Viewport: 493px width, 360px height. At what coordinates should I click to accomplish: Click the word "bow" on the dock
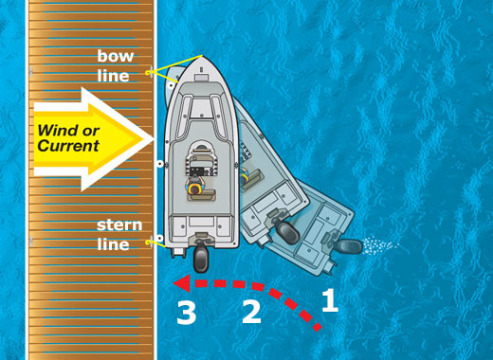click(x=116, y=56)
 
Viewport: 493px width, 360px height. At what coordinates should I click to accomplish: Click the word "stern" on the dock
click(x=119, y=225)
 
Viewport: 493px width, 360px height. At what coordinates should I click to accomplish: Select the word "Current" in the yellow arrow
click(x=68, y=146)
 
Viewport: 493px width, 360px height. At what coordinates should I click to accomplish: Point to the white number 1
click(x=330, y=300)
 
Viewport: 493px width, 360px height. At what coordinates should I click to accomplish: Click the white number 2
click(x=251, y=312)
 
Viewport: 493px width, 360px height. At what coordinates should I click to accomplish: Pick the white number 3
click(x=187, y=313)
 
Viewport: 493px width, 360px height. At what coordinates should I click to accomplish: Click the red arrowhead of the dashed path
click(x=182, y=283)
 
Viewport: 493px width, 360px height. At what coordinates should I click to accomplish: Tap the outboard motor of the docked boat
click(x=201, y=260)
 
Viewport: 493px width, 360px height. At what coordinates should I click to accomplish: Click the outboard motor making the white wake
click(x=349, y=246)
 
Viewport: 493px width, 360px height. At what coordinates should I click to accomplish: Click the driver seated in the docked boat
click(x=195, y=187)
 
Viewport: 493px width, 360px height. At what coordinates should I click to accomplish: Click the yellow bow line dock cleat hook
click(x=149, y=73)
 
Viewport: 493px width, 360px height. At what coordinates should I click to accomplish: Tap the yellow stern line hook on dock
click(x=148, y=243)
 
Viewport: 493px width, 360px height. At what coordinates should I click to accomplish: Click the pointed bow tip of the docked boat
click(x=202, y=56)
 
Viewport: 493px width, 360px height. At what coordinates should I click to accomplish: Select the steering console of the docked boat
click(x=201, y=161)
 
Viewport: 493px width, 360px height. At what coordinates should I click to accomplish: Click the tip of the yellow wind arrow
click(x=153, y=139)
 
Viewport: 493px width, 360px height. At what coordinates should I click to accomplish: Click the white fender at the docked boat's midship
click(x=160, y=164)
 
